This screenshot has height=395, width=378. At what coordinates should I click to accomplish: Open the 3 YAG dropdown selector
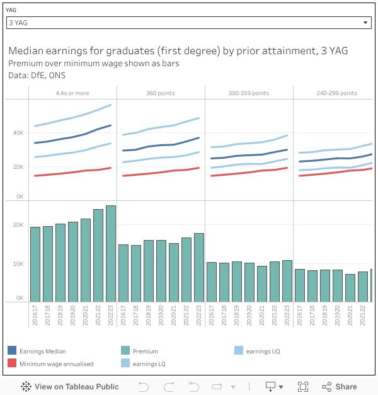[188, 23]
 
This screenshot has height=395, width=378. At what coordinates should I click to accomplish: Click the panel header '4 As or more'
[72, 93]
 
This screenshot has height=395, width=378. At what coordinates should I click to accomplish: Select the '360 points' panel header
[161, 93]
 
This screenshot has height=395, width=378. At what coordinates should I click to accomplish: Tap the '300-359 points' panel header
[249, 93]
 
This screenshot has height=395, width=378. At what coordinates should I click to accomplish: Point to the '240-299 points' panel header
[336, 93]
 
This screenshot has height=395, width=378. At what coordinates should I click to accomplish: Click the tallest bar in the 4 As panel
[111, 253]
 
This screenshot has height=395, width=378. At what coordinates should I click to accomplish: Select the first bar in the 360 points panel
[123, 273]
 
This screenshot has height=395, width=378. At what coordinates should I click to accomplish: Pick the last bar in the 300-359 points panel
[287, 280]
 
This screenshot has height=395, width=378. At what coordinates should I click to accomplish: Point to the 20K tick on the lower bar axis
[19, 225]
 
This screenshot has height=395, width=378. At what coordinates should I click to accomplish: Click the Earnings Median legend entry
[42, 351]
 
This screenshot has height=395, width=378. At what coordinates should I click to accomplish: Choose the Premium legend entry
[145, 351]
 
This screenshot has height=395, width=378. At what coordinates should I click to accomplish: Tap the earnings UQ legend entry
[263, 351]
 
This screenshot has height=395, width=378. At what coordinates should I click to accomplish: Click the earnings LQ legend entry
[149, 364]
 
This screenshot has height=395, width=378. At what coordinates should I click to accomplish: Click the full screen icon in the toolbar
[303, 387]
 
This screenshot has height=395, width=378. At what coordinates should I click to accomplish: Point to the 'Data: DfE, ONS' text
[37, 75]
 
